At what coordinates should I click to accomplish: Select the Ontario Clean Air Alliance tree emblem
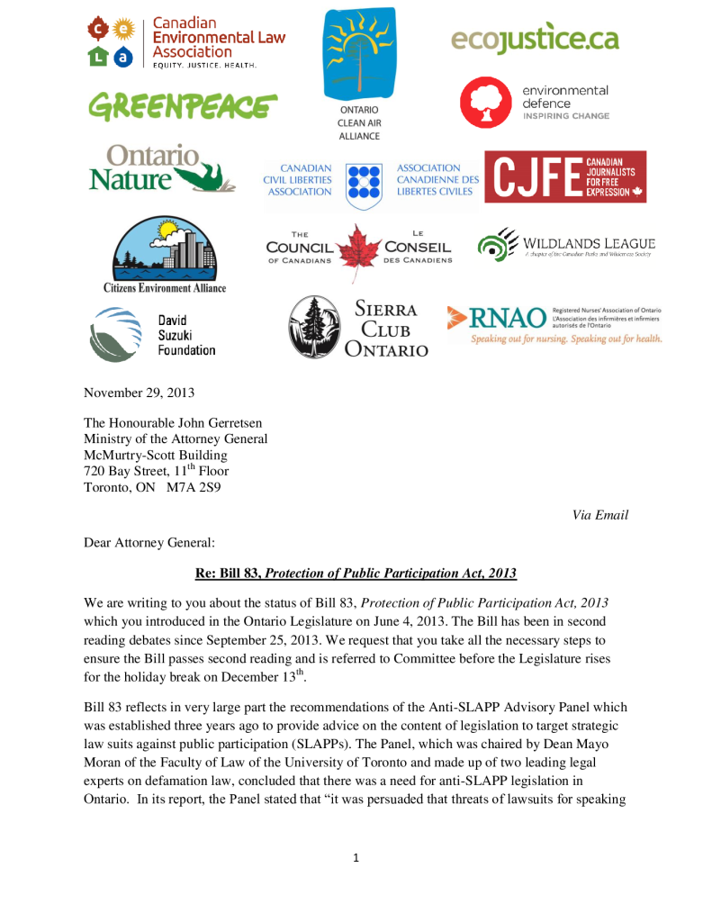point(359,52)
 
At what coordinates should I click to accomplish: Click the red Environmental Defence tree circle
point(486,103)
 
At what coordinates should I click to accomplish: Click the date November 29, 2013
point(139,393)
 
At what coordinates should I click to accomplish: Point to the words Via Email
point(600,515)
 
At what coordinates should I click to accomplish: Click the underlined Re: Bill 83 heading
point(356,574)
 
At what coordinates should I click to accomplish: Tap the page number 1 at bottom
point(356,857)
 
